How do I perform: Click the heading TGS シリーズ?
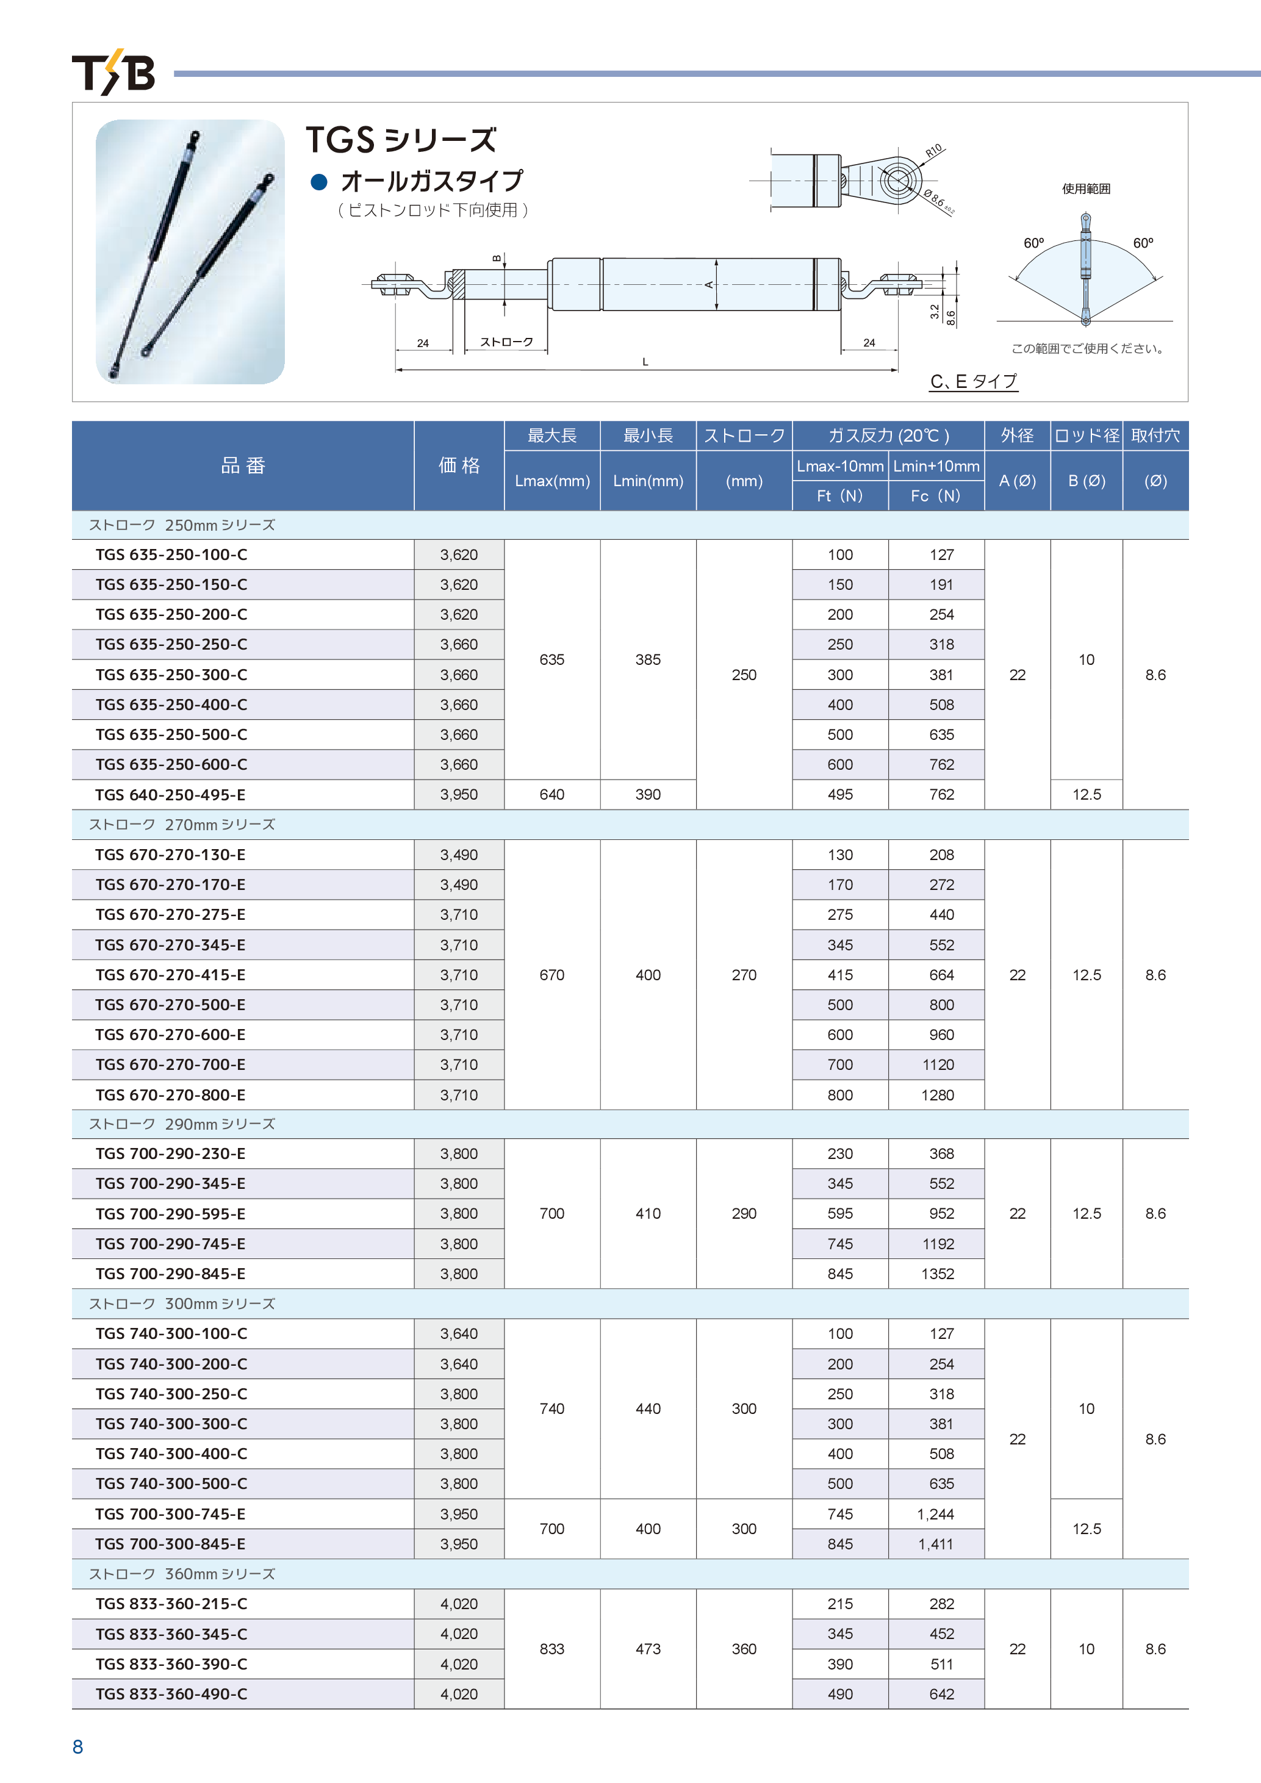401,140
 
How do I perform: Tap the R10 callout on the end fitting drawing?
933,150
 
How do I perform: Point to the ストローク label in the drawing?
506,342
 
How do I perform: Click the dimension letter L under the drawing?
644,362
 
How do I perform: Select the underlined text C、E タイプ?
973,381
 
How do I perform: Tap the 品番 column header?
243,465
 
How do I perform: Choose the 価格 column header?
459,465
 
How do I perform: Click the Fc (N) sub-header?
936,495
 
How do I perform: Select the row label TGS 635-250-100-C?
171,554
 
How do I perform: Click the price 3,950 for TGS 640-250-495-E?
459,794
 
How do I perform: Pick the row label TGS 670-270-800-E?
170,1095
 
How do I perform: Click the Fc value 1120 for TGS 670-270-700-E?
938,1064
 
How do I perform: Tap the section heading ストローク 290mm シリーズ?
182,1124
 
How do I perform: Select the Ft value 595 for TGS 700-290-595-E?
840,1214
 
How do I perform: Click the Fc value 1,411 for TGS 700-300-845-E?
936,1544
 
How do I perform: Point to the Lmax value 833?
552,1649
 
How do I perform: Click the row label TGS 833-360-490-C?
171,1694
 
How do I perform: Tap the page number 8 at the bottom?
77,1746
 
